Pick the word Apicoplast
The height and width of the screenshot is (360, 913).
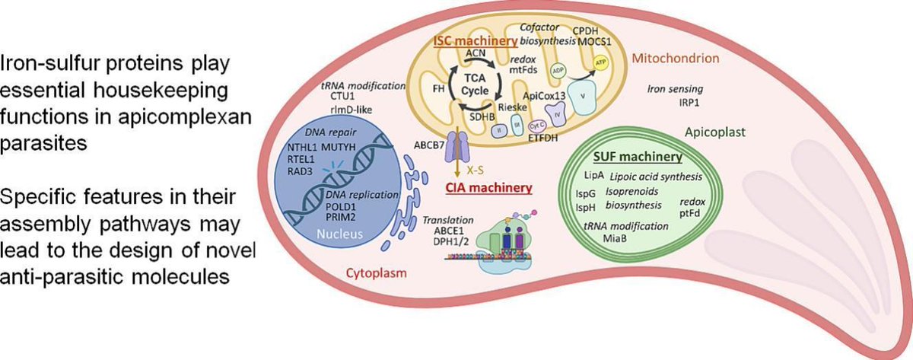click(x=705, y=130)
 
